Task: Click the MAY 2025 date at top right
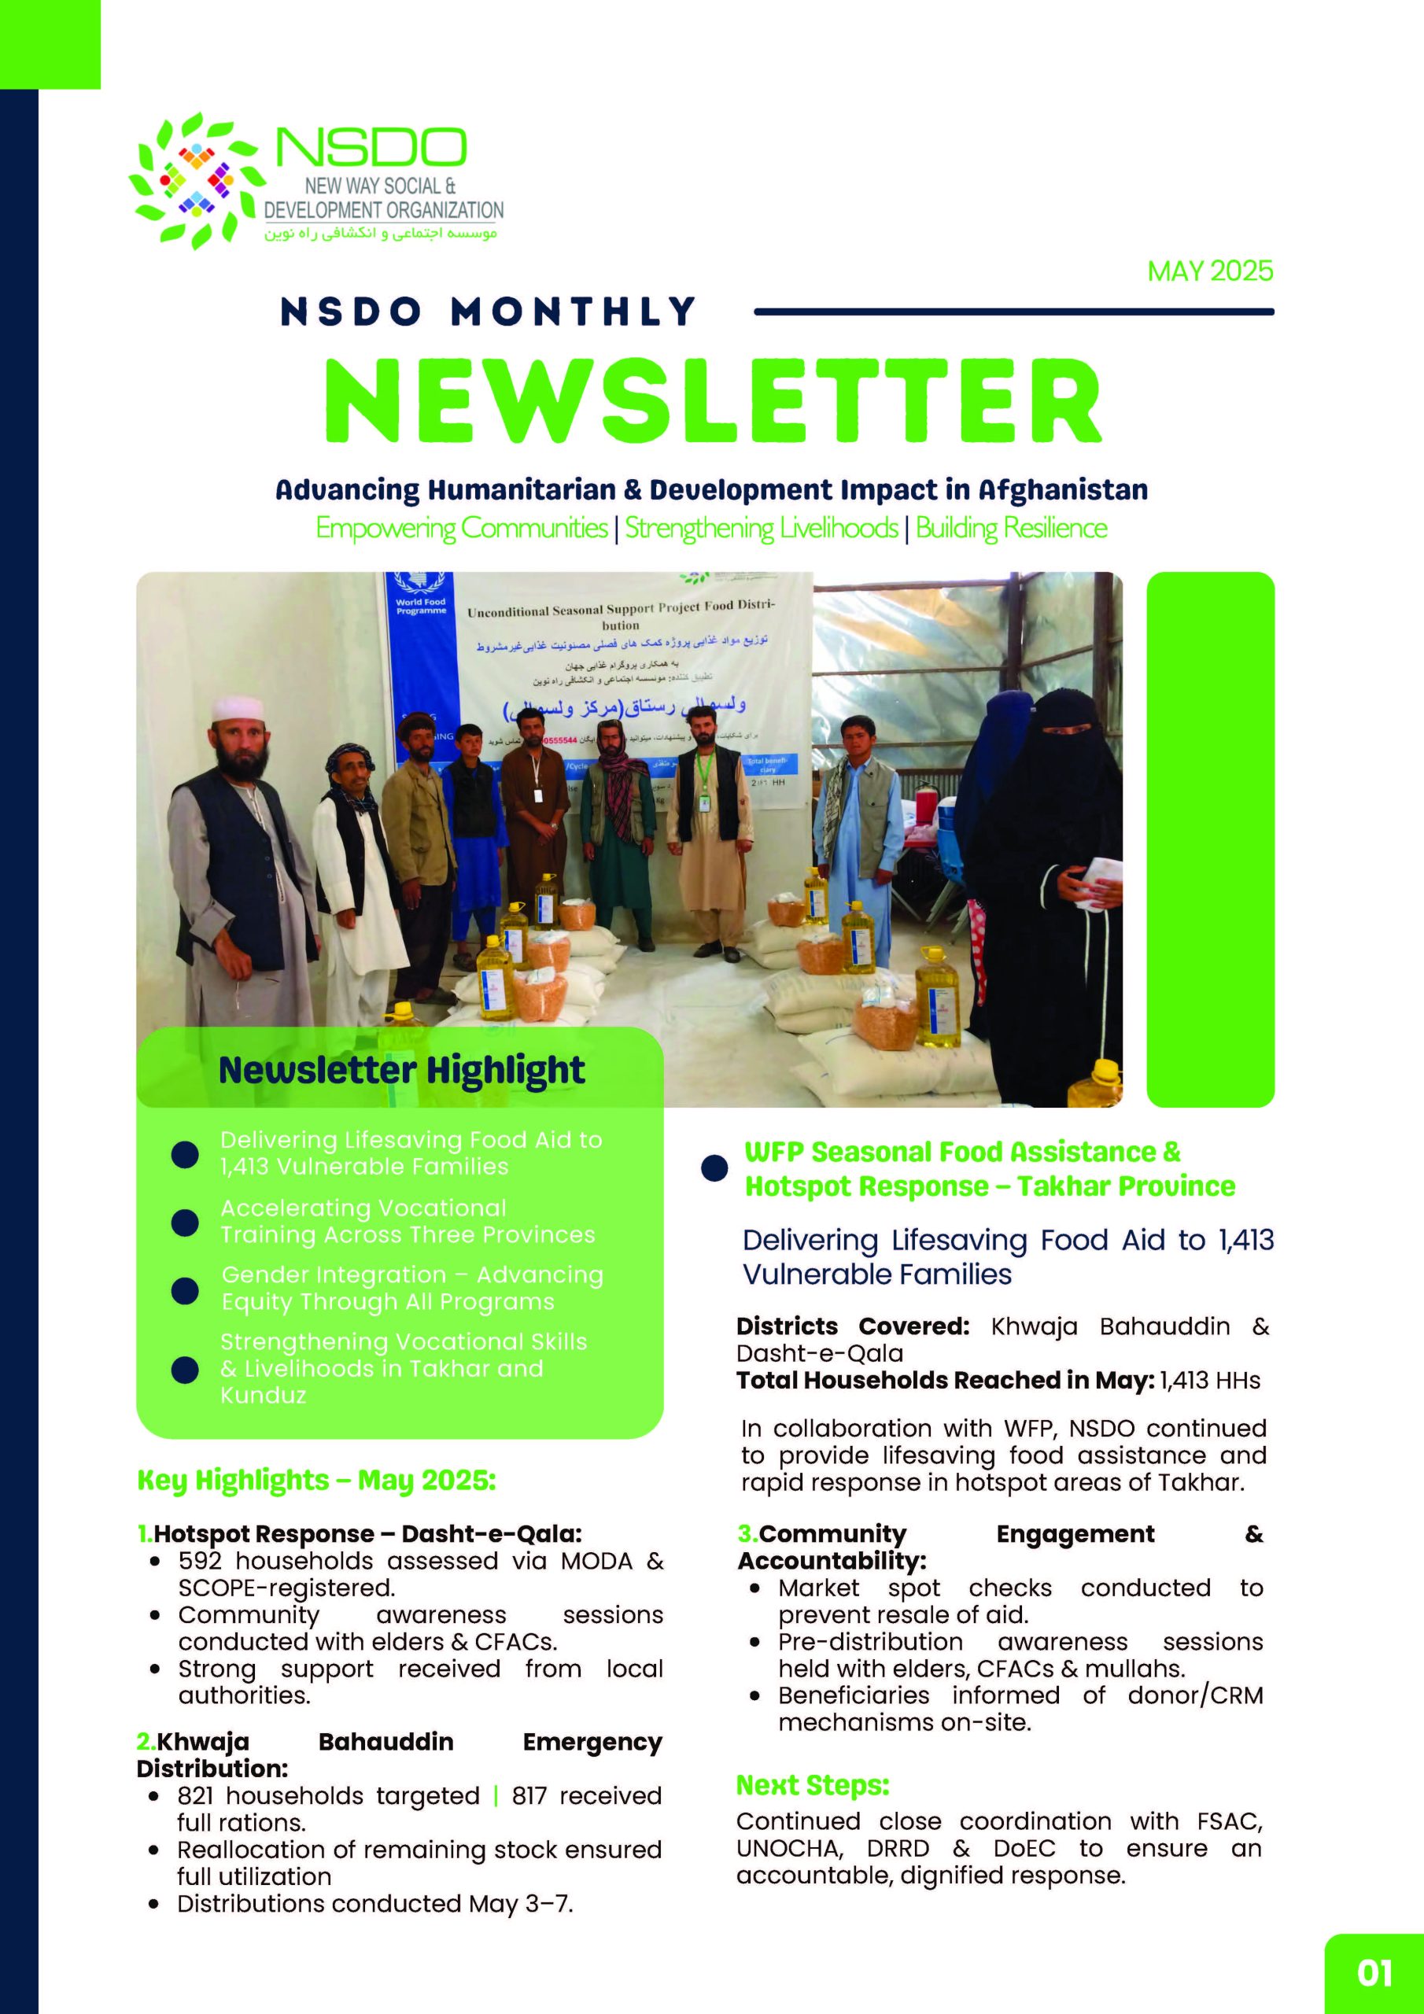(1210, 271)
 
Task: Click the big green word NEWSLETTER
(713, 401)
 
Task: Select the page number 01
(1374, 1974)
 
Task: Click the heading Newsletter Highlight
(401, 1070)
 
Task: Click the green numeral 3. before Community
(747, 1533)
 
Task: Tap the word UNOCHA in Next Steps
(789, 1848)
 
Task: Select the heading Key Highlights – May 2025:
(315, 1480)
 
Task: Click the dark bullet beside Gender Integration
(184, 1289)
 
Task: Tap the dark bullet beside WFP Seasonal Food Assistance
(714, 1168)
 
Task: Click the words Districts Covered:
(852, 1326)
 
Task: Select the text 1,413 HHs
(1210, 1380)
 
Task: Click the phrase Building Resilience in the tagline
(1011, 528)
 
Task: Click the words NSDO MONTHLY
(488, 312)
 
